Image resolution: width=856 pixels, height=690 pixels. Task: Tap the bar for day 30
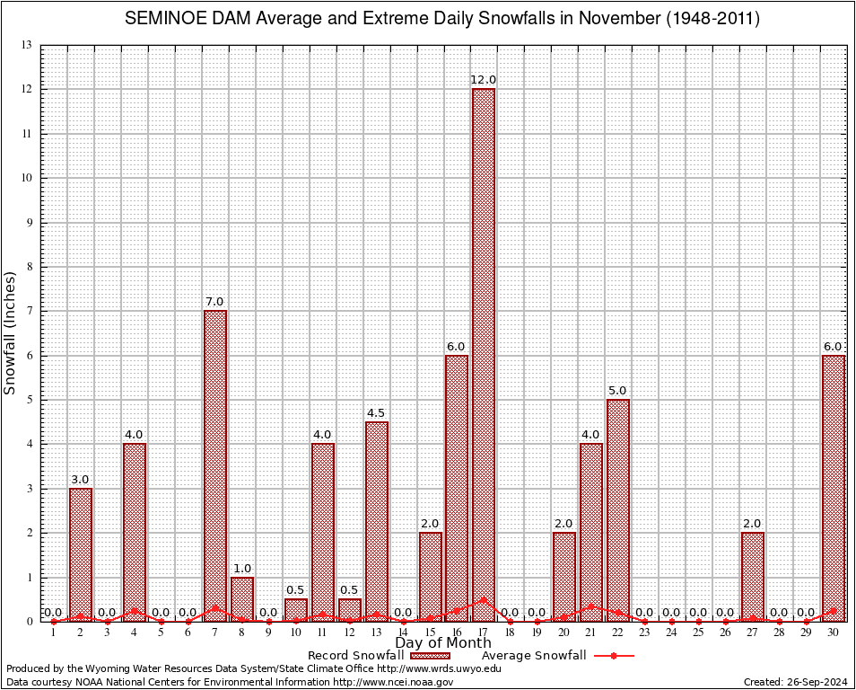pyautogui.click(x=834, y=485)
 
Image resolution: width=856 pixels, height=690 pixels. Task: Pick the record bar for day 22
pyautogui.click(x=618, y=508)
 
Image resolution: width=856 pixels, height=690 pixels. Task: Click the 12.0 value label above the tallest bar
pyautogui.click(x=484, y=81)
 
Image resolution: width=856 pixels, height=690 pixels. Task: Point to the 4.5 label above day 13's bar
pyautogui.click(x=376, y=413)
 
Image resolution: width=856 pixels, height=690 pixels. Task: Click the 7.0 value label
pyautogui.click(x=215, y=302)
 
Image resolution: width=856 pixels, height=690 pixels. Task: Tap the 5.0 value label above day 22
pyautogui.click(x=618, y=391)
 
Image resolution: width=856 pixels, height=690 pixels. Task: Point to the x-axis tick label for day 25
pyautogui.click(x=699, y=632)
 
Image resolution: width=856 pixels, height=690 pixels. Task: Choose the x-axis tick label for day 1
pyautogui.click(x=54, y=632)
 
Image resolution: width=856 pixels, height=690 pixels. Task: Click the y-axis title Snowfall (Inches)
pyautogui.click(x=11, y=332)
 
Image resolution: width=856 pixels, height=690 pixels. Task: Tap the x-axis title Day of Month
pyautogui.click(x=442, y=643)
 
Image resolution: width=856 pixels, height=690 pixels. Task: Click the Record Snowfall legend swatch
pyautogui.click(x=430, y=656)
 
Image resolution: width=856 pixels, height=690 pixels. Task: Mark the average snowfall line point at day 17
pyautogui.click(x=484, y=599)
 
